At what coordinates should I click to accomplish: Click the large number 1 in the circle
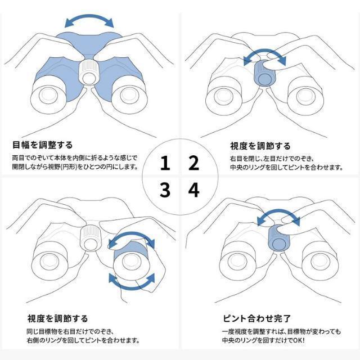click(x=165, y=163)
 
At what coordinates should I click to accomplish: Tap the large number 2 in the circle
click(x=193, y=163)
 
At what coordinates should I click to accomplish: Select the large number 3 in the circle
click(x=165, y=190)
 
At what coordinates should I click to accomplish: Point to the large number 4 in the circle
click(x=193, y=190)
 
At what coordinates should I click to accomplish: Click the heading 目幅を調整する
click(x=43, y=145)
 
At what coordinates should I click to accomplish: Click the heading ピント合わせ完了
click(x=256, y=318)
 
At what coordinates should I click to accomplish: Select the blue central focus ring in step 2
click(x=264, y=74)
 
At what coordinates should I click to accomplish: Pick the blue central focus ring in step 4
click(x=278, y=238)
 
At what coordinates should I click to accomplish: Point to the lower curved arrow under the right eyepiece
click(x=131, y=286)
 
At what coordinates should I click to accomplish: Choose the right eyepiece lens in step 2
click(x=305, y=96)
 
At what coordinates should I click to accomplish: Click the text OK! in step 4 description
click(x=299, y=340)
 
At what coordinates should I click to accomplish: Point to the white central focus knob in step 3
click(x=91, y=238)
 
